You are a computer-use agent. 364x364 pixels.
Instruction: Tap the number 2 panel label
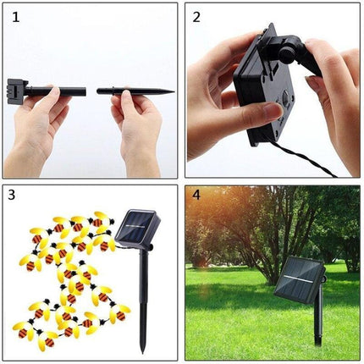[196, 15]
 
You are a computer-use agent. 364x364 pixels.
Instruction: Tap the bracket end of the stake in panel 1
[16, 89]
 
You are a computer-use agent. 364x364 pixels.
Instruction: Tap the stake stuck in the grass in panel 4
[317, 326]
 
